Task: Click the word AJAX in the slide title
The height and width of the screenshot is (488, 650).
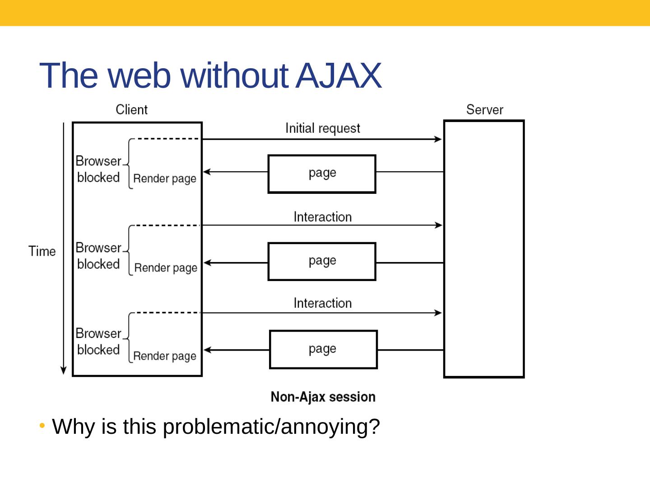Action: [339, 75]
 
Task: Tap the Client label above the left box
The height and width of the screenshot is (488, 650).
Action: [131, 110]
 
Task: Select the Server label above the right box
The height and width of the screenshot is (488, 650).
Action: [484, 110]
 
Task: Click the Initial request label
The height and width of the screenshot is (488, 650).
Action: [322, 128]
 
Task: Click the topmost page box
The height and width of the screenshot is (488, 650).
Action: [322, 174]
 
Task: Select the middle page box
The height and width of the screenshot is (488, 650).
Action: [322, 262]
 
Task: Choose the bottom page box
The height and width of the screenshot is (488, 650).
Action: [323, 350]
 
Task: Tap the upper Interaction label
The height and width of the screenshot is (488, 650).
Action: [322, 217]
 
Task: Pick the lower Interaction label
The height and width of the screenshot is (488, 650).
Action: [322, 303]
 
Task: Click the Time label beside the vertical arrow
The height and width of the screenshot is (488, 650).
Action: [42, 251]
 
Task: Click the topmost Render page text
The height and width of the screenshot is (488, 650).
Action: [165, 179]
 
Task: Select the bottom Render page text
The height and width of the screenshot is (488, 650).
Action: [165, 356]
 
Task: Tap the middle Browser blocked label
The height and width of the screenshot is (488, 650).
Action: [98, 256]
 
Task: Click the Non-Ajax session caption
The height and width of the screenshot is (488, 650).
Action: [323, 397]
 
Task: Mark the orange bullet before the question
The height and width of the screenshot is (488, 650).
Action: [42, 426]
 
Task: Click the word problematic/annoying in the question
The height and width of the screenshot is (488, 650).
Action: [271, 427]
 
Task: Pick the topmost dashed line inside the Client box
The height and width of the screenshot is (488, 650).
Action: [167, 139]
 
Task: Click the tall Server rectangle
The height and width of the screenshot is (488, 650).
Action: [484, 249]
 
